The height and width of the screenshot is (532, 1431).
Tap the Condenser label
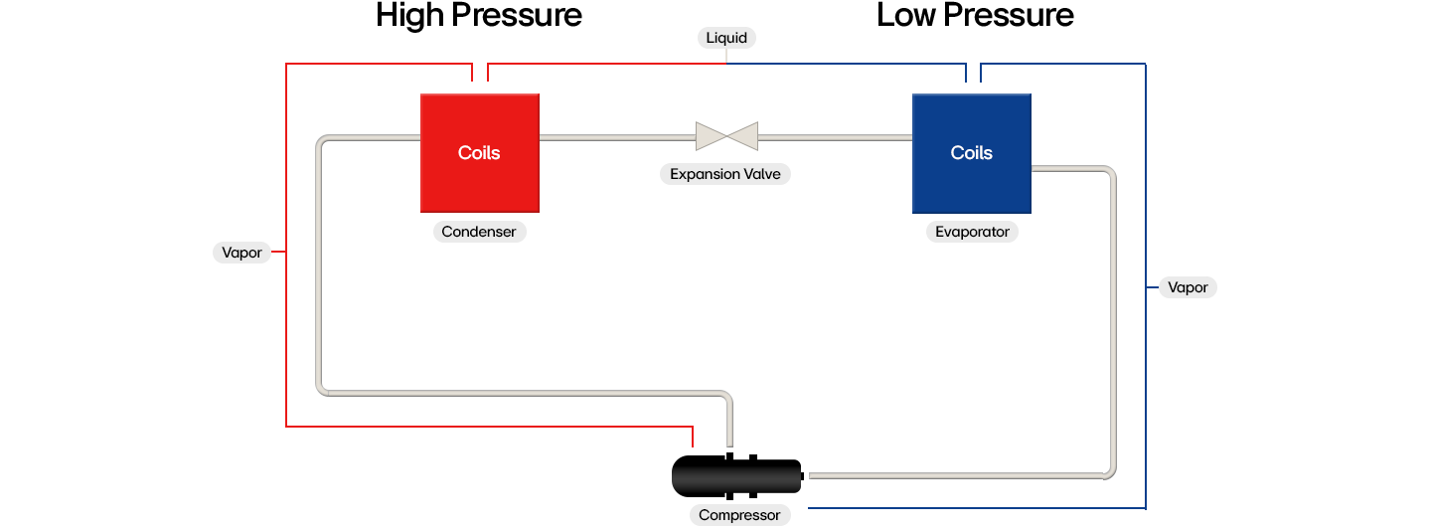point(479,232)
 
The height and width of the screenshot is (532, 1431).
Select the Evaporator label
point(972,232)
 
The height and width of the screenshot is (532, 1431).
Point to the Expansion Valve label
point(725,174)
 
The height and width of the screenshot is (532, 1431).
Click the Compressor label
point(739,515)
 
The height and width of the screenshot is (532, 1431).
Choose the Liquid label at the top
point(725,38)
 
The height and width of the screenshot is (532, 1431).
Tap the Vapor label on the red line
point(241,253)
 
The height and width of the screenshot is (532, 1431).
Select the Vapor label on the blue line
point(1188,287)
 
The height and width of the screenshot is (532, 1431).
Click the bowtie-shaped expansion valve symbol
point(726,136)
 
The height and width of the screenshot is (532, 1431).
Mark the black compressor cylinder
point(735,478)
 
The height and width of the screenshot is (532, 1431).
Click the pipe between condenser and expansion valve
point(616,136)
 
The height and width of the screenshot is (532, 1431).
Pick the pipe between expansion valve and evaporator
point(835,136)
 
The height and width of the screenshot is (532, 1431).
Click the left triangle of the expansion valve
point(711,136)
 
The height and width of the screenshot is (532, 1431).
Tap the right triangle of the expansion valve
point(742,136)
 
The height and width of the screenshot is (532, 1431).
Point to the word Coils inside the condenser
point(479,152)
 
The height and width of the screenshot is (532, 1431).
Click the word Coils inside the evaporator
point(971,152)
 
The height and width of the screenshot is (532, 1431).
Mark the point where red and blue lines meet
point(726,64)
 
